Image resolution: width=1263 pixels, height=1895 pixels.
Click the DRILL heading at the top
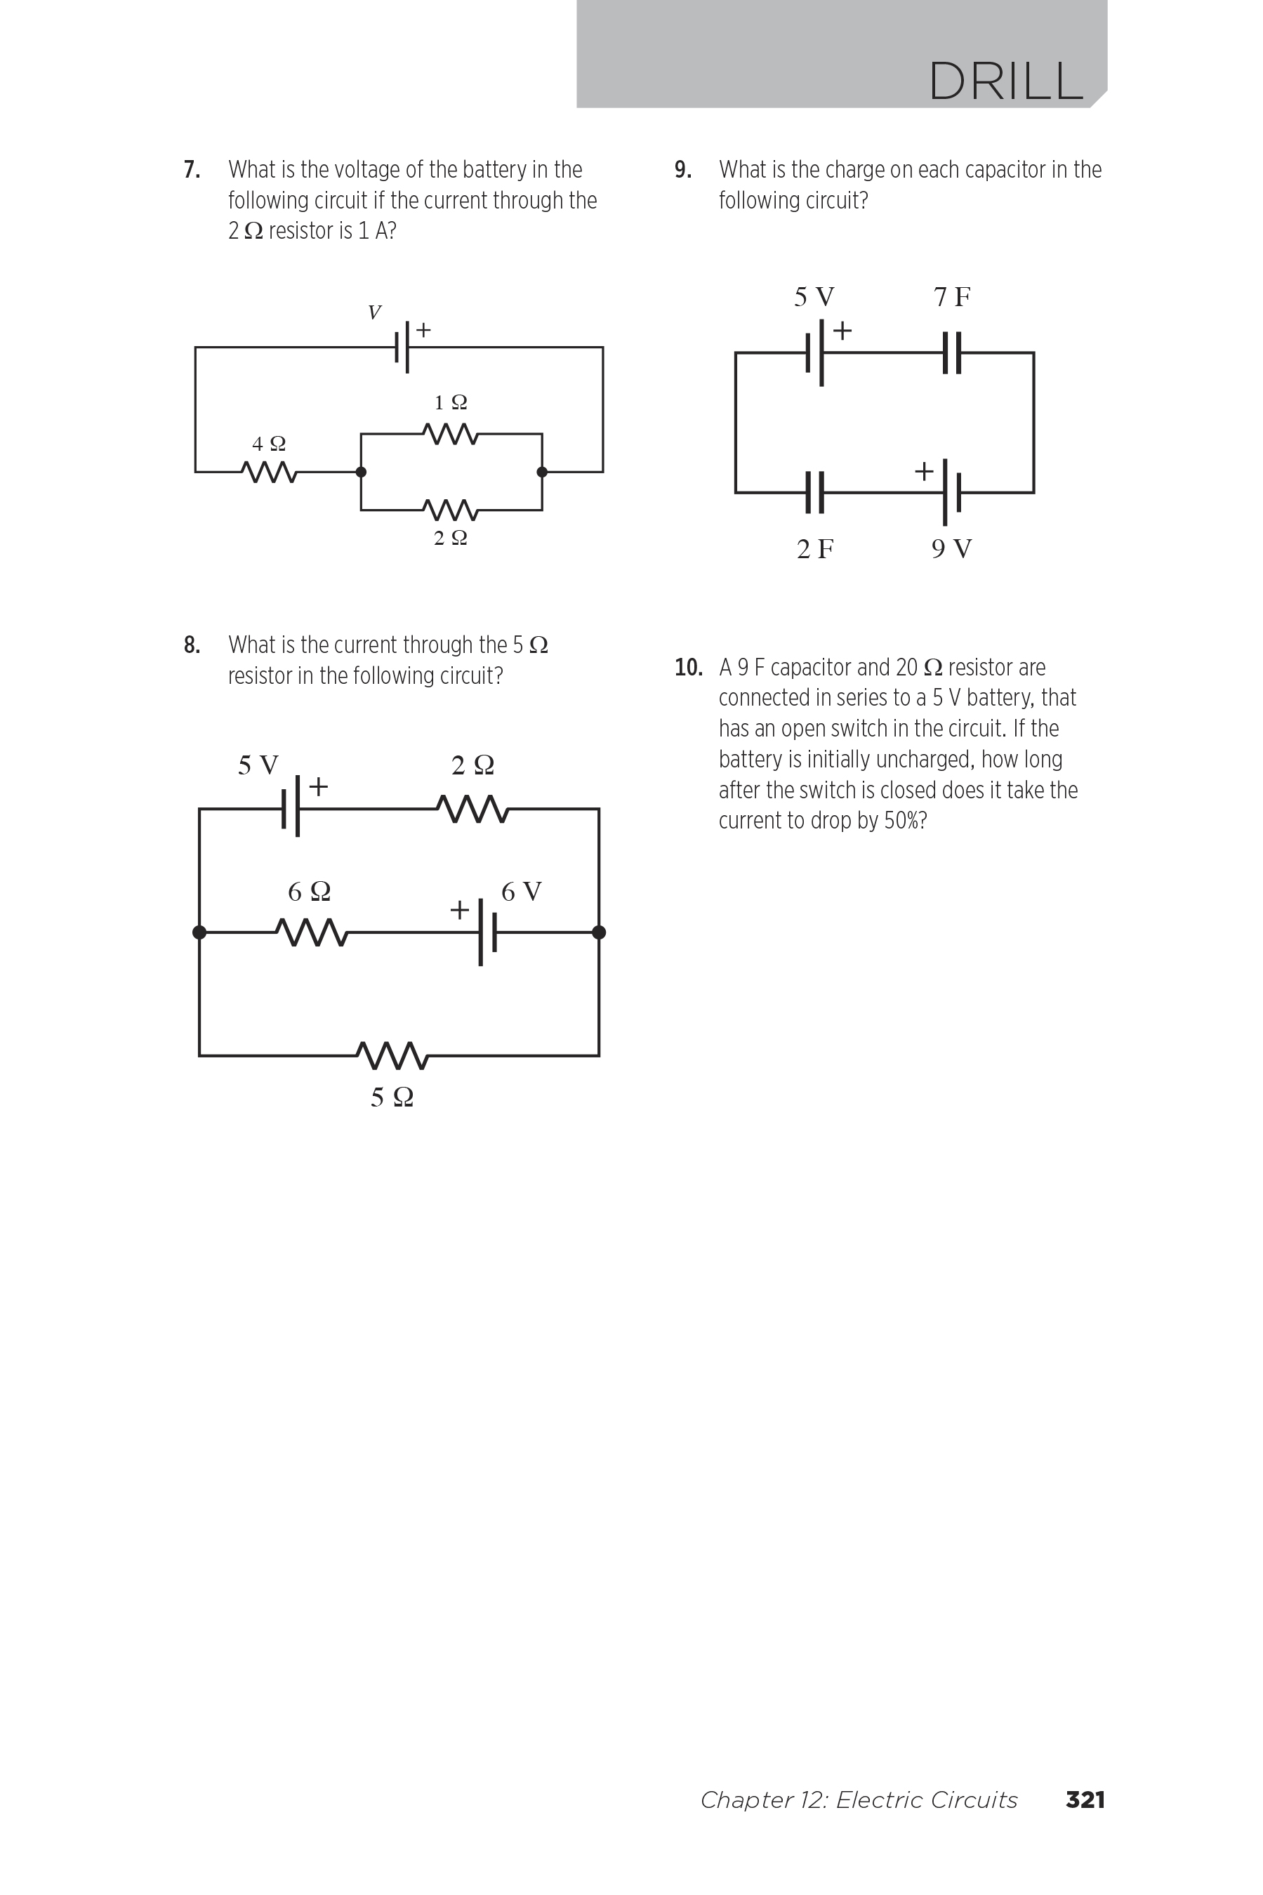coord(1006,81)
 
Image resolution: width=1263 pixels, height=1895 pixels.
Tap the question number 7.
coord(192,170)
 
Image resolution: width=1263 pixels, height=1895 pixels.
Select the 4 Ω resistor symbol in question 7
coord(269,472)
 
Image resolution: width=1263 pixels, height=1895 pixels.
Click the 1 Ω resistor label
coord(450,402)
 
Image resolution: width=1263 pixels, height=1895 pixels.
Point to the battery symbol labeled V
coord(403,347)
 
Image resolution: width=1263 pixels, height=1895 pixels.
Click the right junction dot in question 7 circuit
coord(542,472)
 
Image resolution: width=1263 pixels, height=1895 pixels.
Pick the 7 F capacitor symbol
coord(951,352)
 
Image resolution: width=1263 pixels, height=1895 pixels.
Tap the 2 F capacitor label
coord(815,549)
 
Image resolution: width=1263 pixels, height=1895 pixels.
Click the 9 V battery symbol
coord(951,492)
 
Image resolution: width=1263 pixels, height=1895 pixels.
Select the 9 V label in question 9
coord(951,549)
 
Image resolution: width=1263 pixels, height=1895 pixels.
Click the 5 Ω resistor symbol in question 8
coord(392,1055)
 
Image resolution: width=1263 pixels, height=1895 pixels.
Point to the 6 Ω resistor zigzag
coord(312,932)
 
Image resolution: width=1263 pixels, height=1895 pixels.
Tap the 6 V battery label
coord(521,892)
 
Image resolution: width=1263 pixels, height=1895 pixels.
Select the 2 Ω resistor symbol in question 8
coord(472,809)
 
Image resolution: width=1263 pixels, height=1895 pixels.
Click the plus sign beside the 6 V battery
coord(459,910)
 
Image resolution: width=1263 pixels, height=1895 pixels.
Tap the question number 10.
coord(688,668)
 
